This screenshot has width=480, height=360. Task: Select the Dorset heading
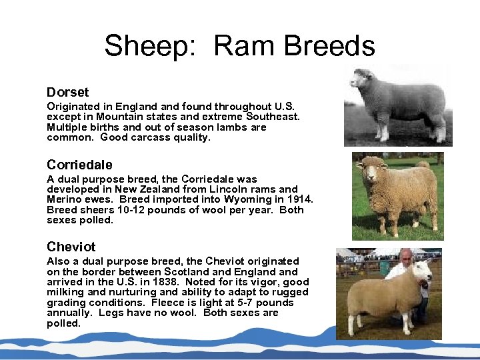click(67, 92)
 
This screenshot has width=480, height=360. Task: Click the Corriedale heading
click(79, 165)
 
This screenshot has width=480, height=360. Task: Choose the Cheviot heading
click(71, 247)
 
